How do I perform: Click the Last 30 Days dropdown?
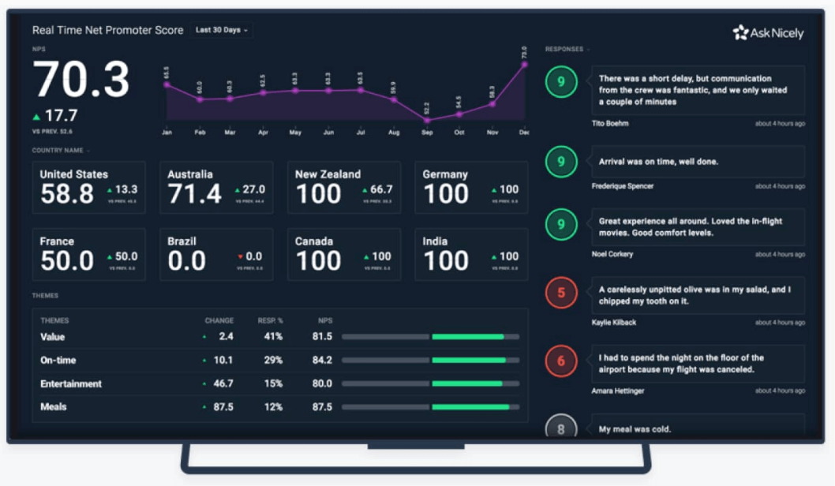(x=222, y=30)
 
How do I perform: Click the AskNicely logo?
(x=768, y=32)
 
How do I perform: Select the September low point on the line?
(x=427, y=121)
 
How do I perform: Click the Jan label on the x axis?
(x=167, y=133)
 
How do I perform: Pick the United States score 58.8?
(x=67, y=194)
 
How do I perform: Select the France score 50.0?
(x=67, y=261)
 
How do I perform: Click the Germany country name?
(x=445, y=174)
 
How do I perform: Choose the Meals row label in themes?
(x=54, y=407)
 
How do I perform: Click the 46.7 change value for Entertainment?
(x=223, y=384)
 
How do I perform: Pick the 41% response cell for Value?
(x=273, y=337)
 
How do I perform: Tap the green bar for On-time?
(x=469, y=361)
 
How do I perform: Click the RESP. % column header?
(x=271, y=321)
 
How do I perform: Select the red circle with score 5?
(x=561, y=293)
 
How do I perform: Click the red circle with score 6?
(x=561, y=362)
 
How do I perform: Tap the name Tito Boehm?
(x=610, y=123)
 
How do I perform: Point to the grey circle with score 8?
(x=561, y=429)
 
